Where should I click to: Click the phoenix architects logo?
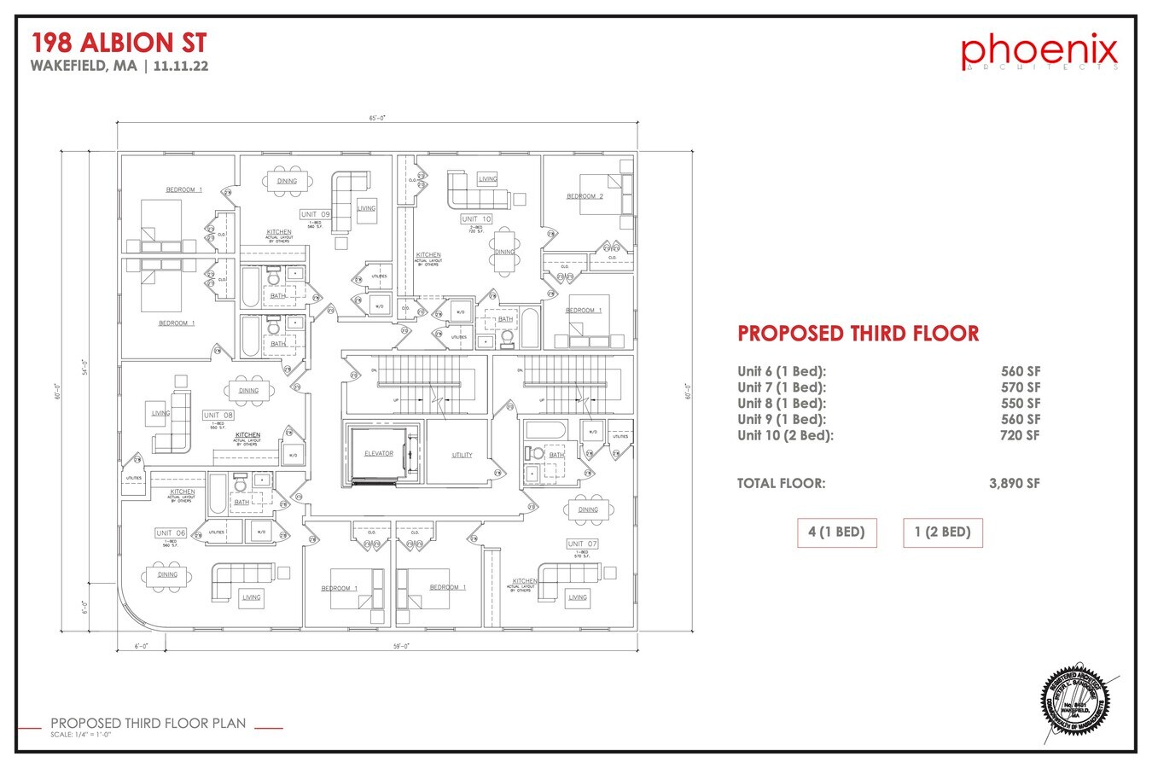point(1039,52)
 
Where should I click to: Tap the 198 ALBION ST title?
point(119,43)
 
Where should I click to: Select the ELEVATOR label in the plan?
point(378,454)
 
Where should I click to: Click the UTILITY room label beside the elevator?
point(462,455)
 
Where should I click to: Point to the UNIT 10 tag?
point(476,219)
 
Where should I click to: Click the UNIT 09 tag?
point(314,214)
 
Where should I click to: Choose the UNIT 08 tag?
point(218,416)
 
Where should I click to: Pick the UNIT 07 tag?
point(582,544)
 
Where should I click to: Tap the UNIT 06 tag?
point(170,533)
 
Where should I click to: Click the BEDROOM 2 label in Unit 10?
point(585,196)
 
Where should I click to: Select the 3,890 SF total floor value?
point(1014,483)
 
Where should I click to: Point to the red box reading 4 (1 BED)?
point(836,532)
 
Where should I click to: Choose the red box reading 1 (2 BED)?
point(942,532)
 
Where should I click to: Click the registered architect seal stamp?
point(1078,701)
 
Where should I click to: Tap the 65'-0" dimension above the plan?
point(377,119)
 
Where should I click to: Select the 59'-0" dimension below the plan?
point(401,646)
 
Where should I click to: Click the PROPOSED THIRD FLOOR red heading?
point(858,334)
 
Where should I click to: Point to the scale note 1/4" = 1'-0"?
point(81,735)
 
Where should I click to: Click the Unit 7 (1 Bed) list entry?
point(782,387)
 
